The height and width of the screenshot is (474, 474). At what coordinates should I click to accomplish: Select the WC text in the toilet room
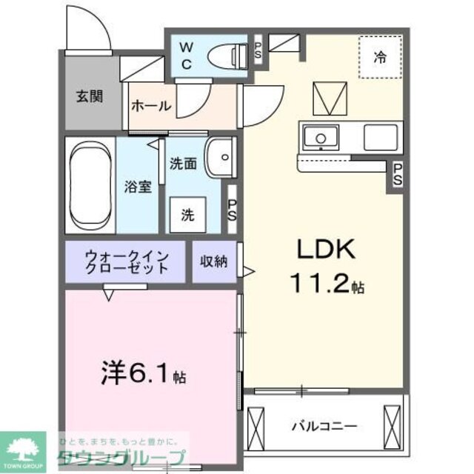(186, 56)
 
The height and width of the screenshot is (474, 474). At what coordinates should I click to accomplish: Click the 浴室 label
(138, 187)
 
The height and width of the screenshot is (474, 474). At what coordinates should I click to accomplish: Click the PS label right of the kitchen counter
(398, 175)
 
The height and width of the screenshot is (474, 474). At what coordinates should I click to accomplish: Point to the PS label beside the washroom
(232, 211)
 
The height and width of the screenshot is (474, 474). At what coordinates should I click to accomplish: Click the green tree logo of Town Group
(22, 449)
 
